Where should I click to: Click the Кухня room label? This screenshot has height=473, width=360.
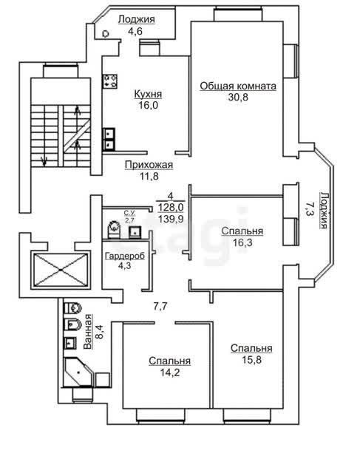point(148,94)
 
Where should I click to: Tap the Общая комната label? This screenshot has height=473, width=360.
point(238,86)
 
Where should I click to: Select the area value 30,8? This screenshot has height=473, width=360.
point(238,97)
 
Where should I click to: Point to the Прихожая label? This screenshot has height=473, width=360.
point(149,165)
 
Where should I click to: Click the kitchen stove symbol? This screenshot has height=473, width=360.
point(110,81)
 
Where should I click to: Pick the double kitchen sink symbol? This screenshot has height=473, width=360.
point(109,139)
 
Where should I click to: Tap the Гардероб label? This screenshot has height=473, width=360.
point(125,256)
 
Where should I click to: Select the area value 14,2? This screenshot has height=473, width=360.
point(169,372)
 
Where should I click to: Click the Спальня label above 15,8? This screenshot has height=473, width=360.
point(251,348)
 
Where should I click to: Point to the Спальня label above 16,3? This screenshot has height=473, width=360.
point(242,231)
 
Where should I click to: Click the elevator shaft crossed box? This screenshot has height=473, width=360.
point(61,270)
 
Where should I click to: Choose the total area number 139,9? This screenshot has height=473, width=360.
point(171,219)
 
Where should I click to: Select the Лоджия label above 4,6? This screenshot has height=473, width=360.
point(137,19)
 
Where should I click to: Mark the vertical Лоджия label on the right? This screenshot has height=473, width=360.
point(324,210)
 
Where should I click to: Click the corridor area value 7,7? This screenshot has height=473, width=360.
point(160,306)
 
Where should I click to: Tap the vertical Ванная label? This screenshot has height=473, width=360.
point(88,331)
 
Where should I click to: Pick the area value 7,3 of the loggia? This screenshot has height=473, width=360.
point(310,208)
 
